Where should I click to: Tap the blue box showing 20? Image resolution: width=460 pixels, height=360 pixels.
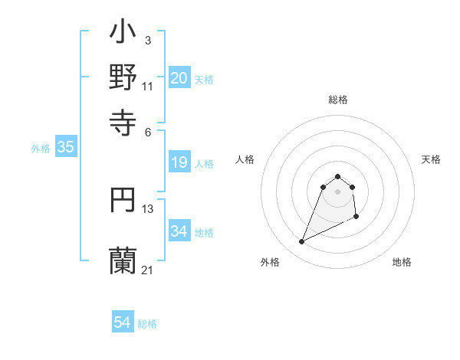point(179,78)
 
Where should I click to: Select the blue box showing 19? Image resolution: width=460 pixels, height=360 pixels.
point(179,162)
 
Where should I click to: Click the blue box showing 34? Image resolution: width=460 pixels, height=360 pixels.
point(179,231)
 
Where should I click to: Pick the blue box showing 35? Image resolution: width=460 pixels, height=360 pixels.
point(65,148)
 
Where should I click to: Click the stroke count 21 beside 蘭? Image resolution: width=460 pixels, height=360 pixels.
point(147,270)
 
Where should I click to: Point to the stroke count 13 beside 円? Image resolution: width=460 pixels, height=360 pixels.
point(148,208)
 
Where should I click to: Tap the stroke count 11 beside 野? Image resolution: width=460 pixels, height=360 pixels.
point(148,86)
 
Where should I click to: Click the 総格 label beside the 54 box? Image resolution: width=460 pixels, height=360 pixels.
point(147,324)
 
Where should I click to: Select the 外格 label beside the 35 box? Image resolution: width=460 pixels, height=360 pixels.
point(41,149)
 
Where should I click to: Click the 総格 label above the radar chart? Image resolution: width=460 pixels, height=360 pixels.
point(337,100)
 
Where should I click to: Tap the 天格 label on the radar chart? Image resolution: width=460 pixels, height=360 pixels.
point(431,159)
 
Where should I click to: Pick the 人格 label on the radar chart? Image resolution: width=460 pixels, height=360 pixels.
point(245,159)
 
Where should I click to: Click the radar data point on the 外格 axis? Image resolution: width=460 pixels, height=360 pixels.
point(301,242)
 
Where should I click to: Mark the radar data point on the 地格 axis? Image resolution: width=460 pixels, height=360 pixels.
point(356,218)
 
